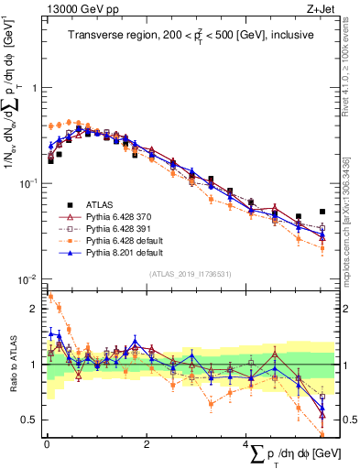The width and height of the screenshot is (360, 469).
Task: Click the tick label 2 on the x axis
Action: point(147,443)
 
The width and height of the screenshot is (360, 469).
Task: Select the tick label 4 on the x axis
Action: point(245,443)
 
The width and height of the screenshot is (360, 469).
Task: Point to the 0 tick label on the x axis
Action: point(47,443)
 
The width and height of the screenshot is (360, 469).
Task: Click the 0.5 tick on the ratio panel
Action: point(31,420)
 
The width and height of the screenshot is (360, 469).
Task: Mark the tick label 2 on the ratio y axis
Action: point(35,309)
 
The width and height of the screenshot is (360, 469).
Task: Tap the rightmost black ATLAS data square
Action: point(322,212)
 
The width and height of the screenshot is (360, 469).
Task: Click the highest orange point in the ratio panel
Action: point(49,296)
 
